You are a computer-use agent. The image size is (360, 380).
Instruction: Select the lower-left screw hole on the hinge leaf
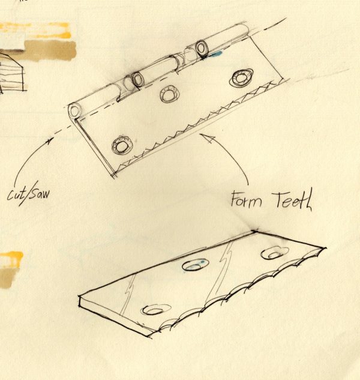click(122, 146)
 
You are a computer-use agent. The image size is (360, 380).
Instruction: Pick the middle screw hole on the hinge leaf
click(169, 94)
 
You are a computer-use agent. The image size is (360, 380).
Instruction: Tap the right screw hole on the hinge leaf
click(242, 76)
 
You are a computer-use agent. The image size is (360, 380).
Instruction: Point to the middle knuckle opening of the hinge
click(137, 79)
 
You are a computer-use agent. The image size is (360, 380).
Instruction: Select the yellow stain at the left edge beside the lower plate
click(11, 262)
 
